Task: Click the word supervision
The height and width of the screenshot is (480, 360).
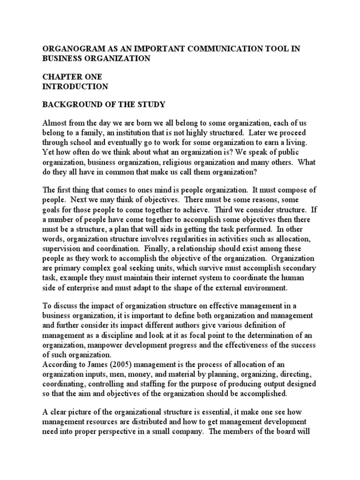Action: click(63, 248)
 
